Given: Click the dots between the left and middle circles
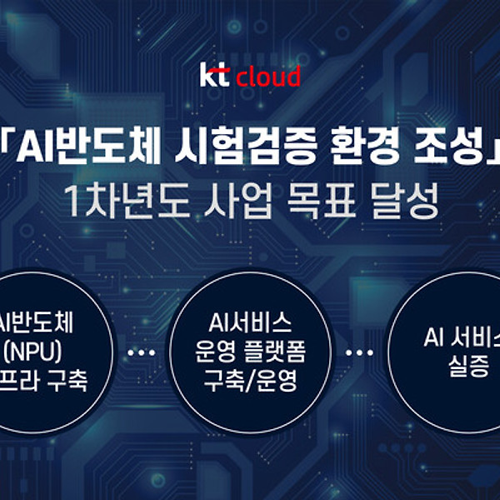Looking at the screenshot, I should click(x=141, y=352).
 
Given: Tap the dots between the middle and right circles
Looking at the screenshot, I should click(x=359, y=352).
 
